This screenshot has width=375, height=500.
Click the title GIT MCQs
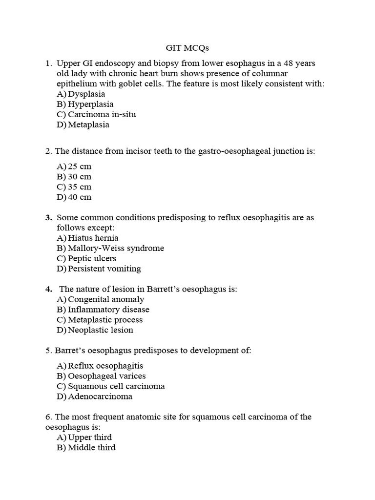click(x=187, y=49)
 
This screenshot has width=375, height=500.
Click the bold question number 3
click(x=48, y=218)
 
